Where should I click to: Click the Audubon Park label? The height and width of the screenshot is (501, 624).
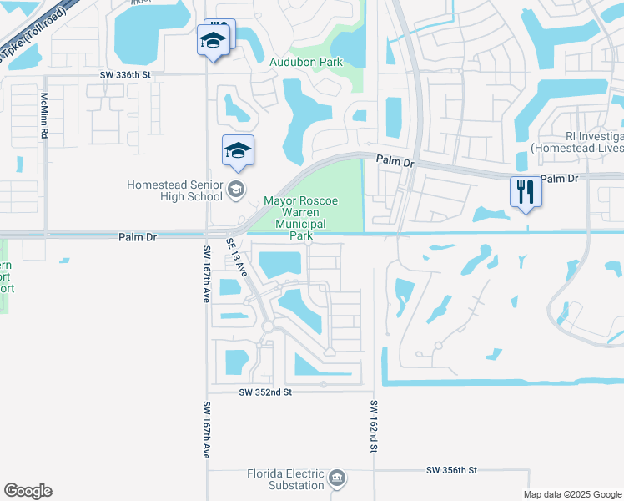click(306, 62)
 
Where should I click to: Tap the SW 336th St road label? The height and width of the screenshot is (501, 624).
click(125, 74)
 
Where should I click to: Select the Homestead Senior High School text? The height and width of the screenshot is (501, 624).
click(174, 190)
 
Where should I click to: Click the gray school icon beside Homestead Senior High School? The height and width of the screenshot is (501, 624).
click(236, 190)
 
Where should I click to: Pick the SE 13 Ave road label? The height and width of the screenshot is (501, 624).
click(237, 257)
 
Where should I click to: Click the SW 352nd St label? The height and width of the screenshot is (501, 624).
click(264, 392)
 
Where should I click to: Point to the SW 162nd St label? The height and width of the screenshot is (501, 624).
click(375, 426)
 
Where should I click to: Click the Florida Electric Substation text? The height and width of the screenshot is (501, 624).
click(285, 479)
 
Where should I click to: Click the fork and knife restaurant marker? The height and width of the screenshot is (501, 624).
click(526, 191)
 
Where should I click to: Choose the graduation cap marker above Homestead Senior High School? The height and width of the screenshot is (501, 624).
click(238, 150)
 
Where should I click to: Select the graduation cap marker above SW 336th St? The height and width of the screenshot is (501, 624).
click(213, 39)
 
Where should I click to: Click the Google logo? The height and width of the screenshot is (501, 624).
click(28, 491)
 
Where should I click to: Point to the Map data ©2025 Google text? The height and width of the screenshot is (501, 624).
click(571, 494)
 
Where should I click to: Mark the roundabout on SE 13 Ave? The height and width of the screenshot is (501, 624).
click(269, 326)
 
